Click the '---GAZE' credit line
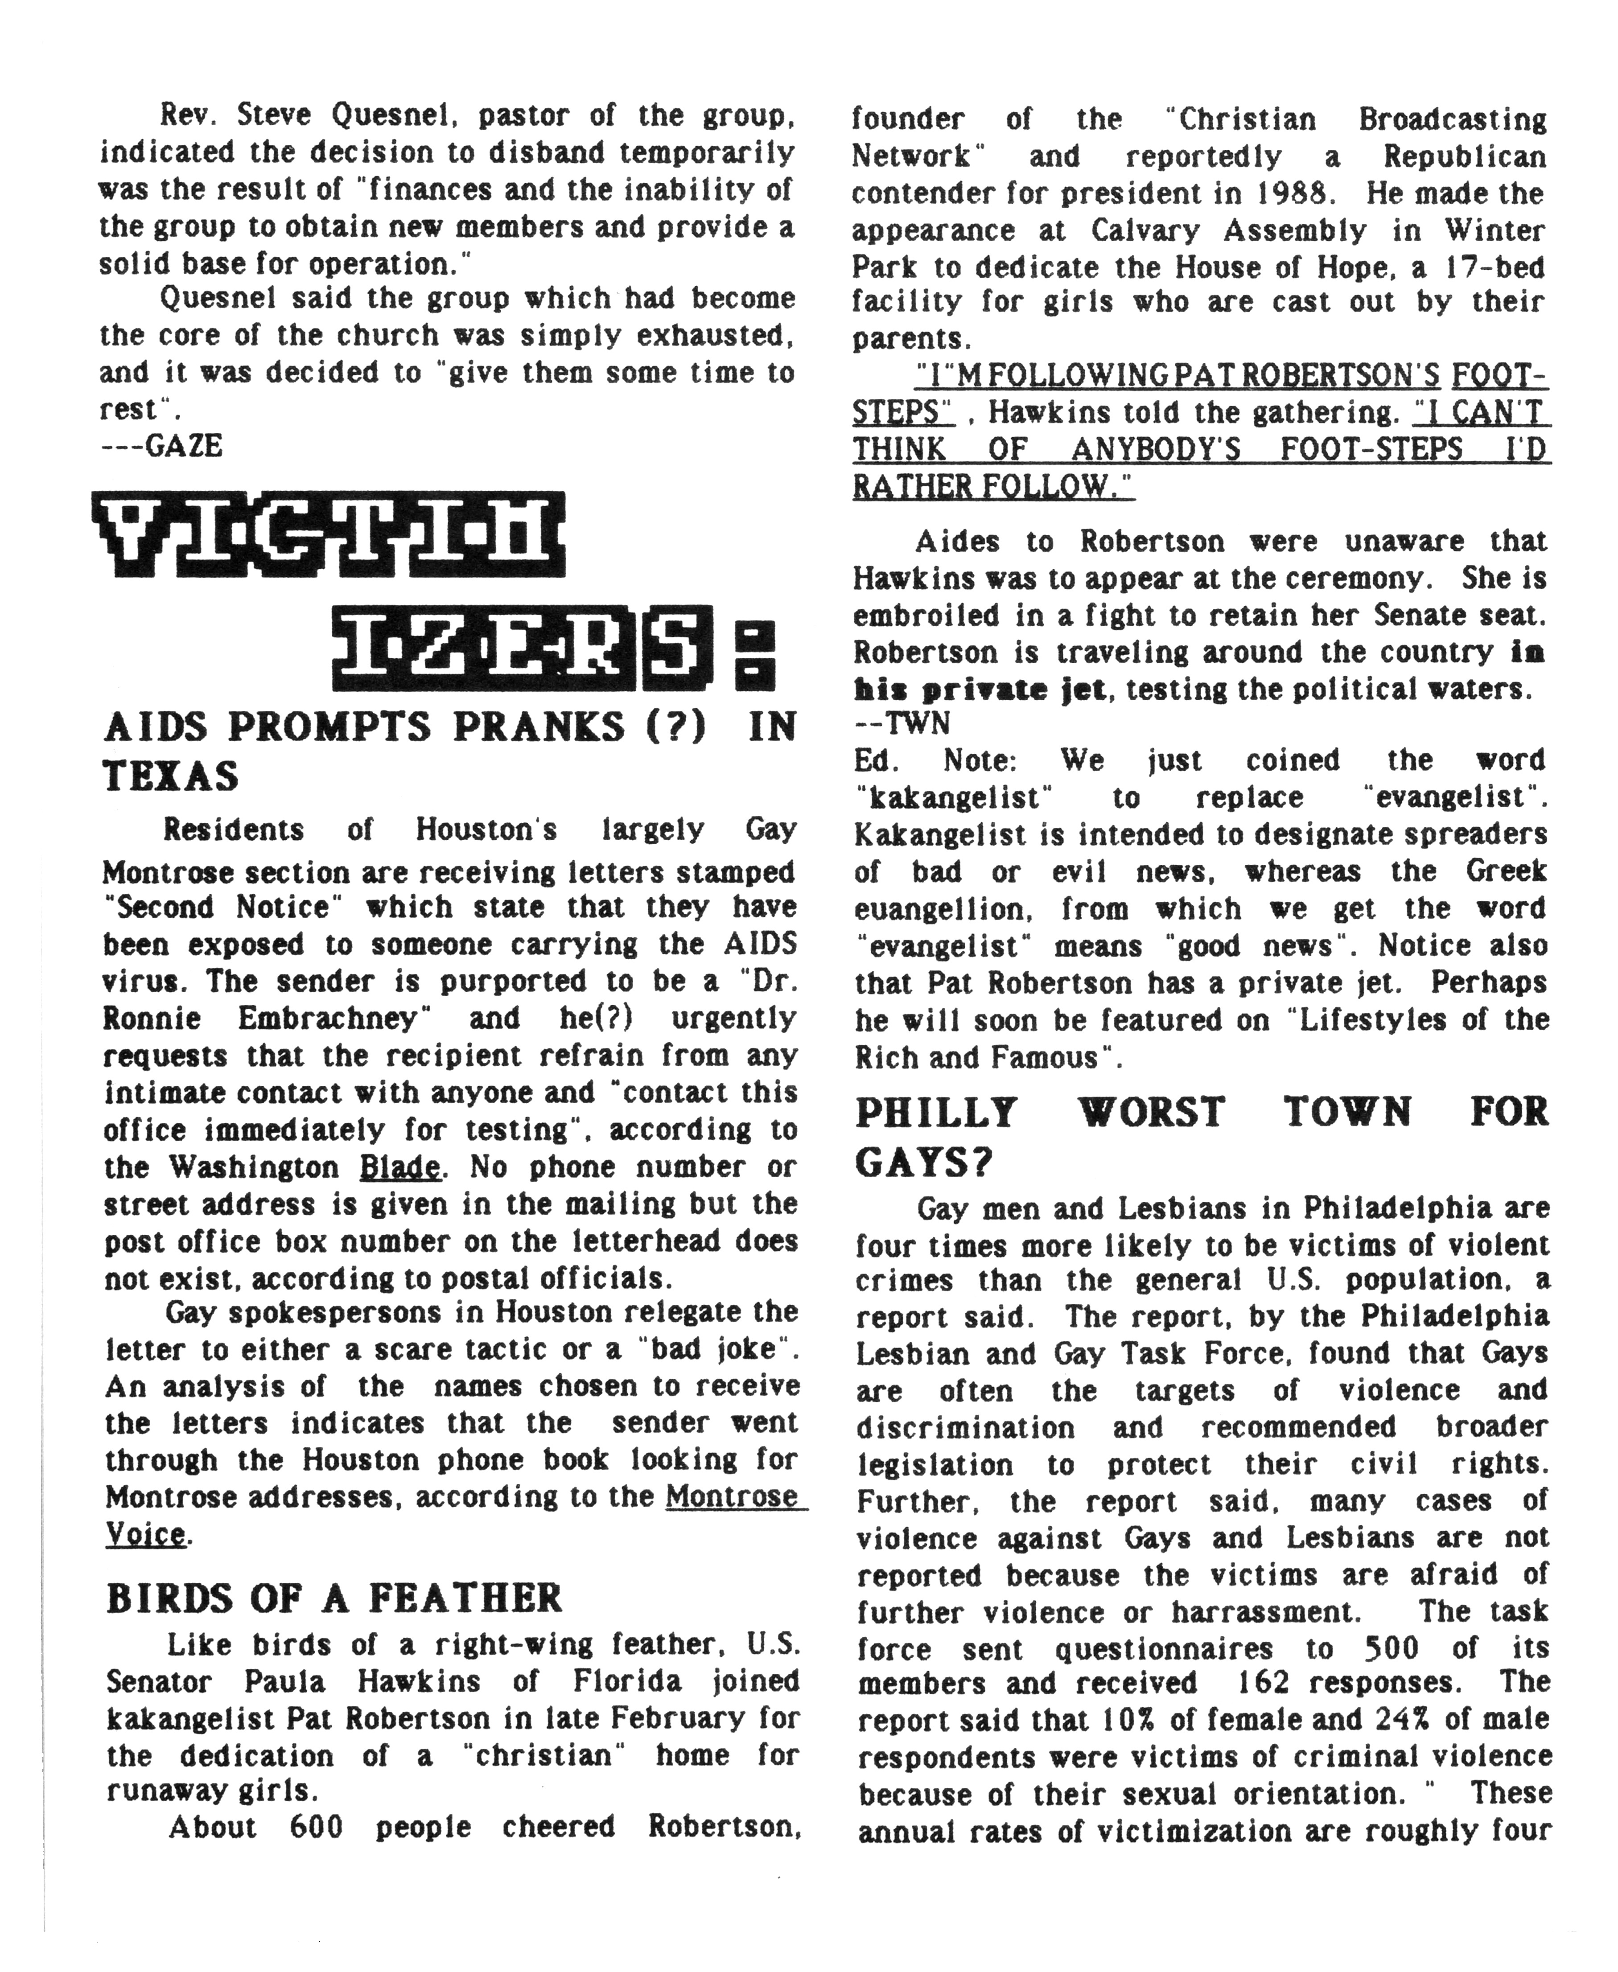pos(161,446)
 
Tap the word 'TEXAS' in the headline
pos(171,776)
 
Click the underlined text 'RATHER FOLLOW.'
pos(992,486)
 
